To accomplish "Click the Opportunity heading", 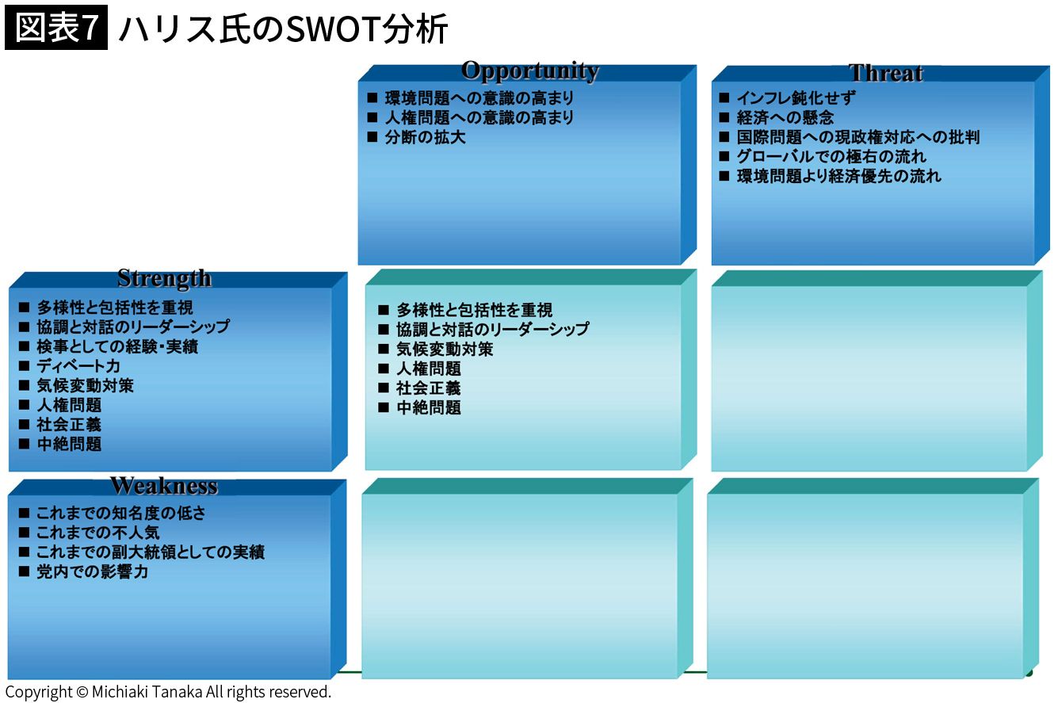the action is pos(530,71).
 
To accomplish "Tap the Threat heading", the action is pos(885,73).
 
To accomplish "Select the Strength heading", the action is pos(164,278).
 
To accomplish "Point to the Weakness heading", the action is pos(164,486).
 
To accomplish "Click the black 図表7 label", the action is pos(56,28).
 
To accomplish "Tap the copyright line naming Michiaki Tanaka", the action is pos(168,692).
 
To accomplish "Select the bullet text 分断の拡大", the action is pos(425,137).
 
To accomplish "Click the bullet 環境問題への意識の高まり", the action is pos(479,98).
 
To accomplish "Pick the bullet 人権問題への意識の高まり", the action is pos(479,117).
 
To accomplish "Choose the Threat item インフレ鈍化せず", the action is pos(796,98).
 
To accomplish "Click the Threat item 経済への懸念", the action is pos(785,117).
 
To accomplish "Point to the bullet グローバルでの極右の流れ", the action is pos(831,156).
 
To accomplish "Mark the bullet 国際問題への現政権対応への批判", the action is pos(858,137).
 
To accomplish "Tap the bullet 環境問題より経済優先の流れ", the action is pos(839,176).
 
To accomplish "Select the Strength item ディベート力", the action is pos(78,366).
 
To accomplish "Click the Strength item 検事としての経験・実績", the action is pos(117,346).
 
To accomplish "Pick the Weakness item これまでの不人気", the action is pos(97,533).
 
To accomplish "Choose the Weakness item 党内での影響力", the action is pos(93,571).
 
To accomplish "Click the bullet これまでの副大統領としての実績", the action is pos(151,552).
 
